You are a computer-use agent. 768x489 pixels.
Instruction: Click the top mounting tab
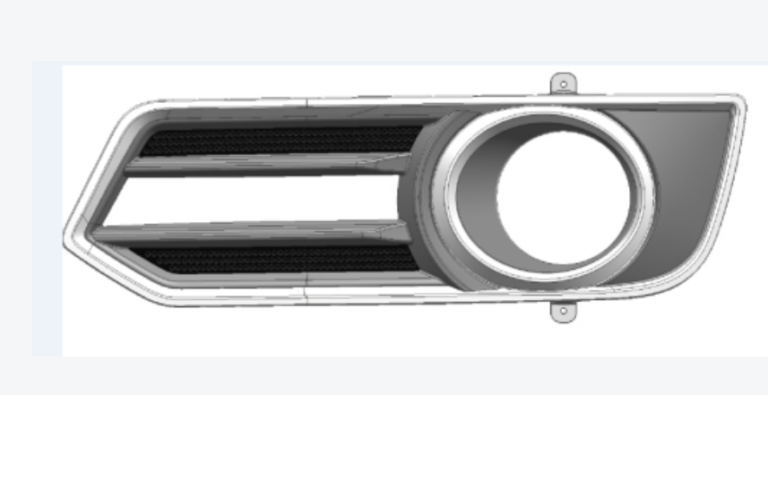coord(563,83)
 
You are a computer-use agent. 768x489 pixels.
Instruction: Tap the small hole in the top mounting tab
coord(563,85)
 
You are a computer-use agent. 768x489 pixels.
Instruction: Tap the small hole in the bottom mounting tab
coord(562,313)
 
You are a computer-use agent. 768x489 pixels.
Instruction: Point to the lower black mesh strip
coord(278,259)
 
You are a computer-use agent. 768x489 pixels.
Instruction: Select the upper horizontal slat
coord(269,163)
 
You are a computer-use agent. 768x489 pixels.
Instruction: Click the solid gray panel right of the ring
coord(695,179)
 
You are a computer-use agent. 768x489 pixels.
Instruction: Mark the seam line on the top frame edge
coord(307,101)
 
